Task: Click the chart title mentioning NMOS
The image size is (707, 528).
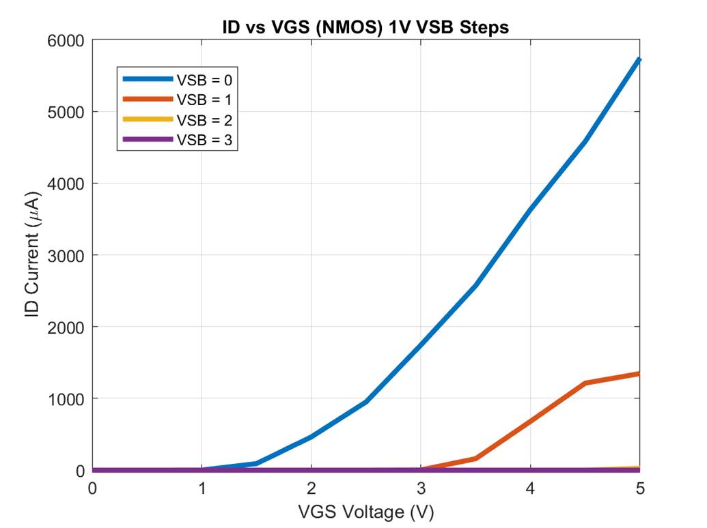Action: (x=365, y=27)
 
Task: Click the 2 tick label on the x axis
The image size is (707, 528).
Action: (x=311, y=488)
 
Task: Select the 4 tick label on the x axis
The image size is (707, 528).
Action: (x=530, y=488)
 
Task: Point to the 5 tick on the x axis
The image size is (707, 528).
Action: (x=639, y=488)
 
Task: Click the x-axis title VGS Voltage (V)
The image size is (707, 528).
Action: (x=365, y=512)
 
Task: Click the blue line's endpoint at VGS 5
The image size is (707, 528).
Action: (x=639, y=60)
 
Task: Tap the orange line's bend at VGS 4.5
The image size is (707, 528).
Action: (x=585, y=383)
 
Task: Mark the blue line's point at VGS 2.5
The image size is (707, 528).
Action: (x=366, y=402)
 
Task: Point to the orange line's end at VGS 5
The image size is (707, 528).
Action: (x=639, y=374)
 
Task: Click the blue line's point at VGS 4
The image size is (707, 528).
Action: (x=530, y=210)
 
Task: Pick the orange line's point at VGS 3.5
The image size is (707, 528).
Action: (x=475, y=458)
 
